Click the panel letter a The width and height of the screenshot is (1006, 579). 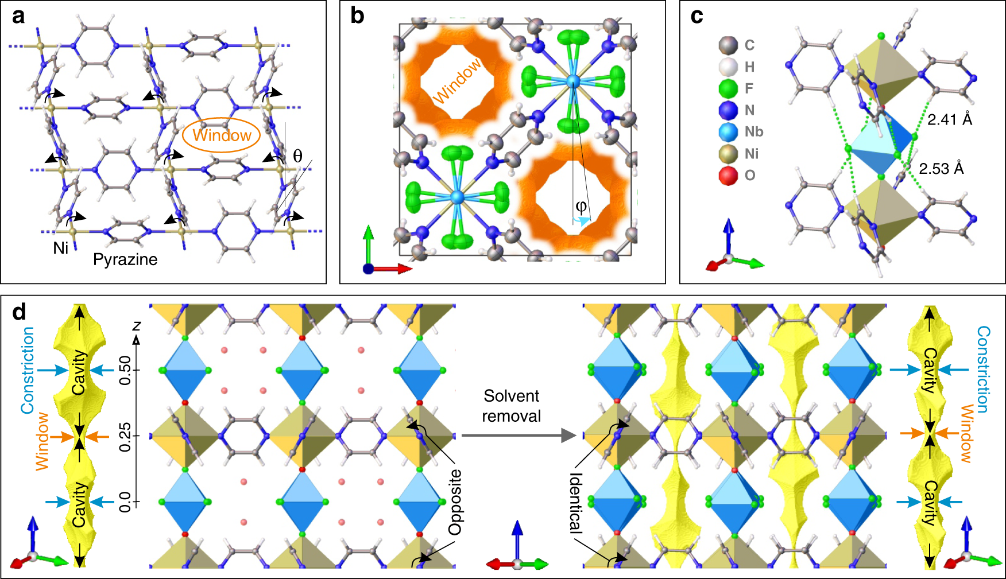[18, 17]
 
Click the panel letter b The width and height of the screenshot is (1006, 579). [357, 17]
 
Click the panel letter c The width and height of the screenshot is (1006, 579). [697, 17]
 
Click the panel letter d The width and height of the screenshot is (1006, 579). [19, 312]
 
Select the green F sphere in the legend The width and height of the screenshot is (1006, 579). [728, 88]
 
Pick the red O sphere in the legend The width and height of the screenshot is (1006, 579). [728, 176]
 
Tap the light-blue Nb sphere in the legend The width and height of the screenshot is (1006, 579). [728, 132]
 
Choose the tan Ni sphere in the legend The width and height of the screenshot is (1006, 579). [728, 154]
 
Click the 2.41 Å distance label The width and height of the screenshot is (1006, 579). [950, 119]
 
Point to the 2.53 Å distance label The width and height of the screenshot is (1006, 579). [941, 169]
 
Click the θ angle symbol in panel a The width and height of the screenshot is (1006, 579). [297, 156]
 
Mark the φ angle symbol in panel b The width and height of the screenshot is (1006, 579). [581, 206]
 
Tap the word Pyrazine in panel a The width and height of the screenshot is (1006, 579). [125, 259]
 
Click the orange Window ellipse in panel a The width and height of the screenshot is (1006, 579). [221, 135]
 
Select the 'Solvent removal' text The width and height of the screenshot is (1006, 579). [511, 406]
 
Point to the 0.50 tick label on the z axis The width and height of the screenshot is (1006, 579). [125, 371]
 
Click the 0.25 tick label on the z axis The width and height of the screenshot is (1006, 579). [125, 437]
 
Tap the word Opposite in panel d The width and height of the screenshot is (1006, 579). [455, 502]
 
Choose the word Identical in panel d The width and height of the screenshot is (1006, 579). [576, 503]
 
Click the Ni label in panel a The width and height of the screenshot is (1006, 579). [61, 248]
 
